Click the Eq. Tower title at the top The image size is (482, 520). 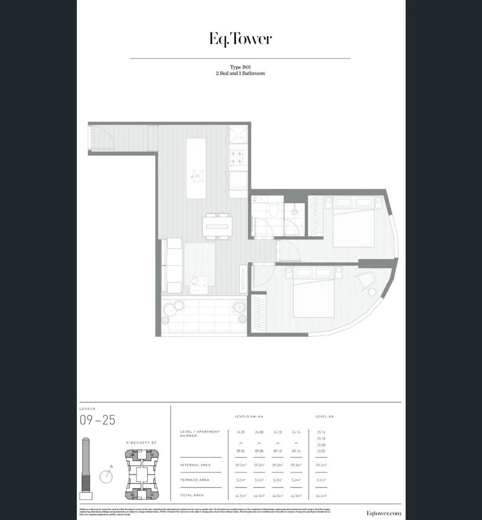point(241,39)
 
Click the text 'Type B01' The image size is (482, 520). point(241,67)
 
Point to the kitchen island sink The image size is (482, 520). point(197,174)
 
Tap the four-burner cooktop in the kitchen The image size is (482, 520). point(237,157)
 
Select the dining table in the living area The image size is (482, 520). point(217,226)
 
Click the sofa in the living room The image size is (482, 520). point(173,265)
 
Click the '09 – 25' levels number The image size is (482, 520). point(97,420)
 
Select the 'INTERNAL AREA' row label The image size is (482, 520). point(195,465)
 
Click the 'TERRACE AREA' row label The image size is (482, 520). point(195,480)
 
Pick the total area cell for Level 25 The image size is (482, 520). point(321,495)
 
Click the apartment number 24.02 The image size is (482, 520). point(241,432)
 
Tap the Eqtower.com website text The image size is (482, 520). point(383,514)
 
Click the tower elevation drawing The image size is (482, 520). point(86,469)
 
